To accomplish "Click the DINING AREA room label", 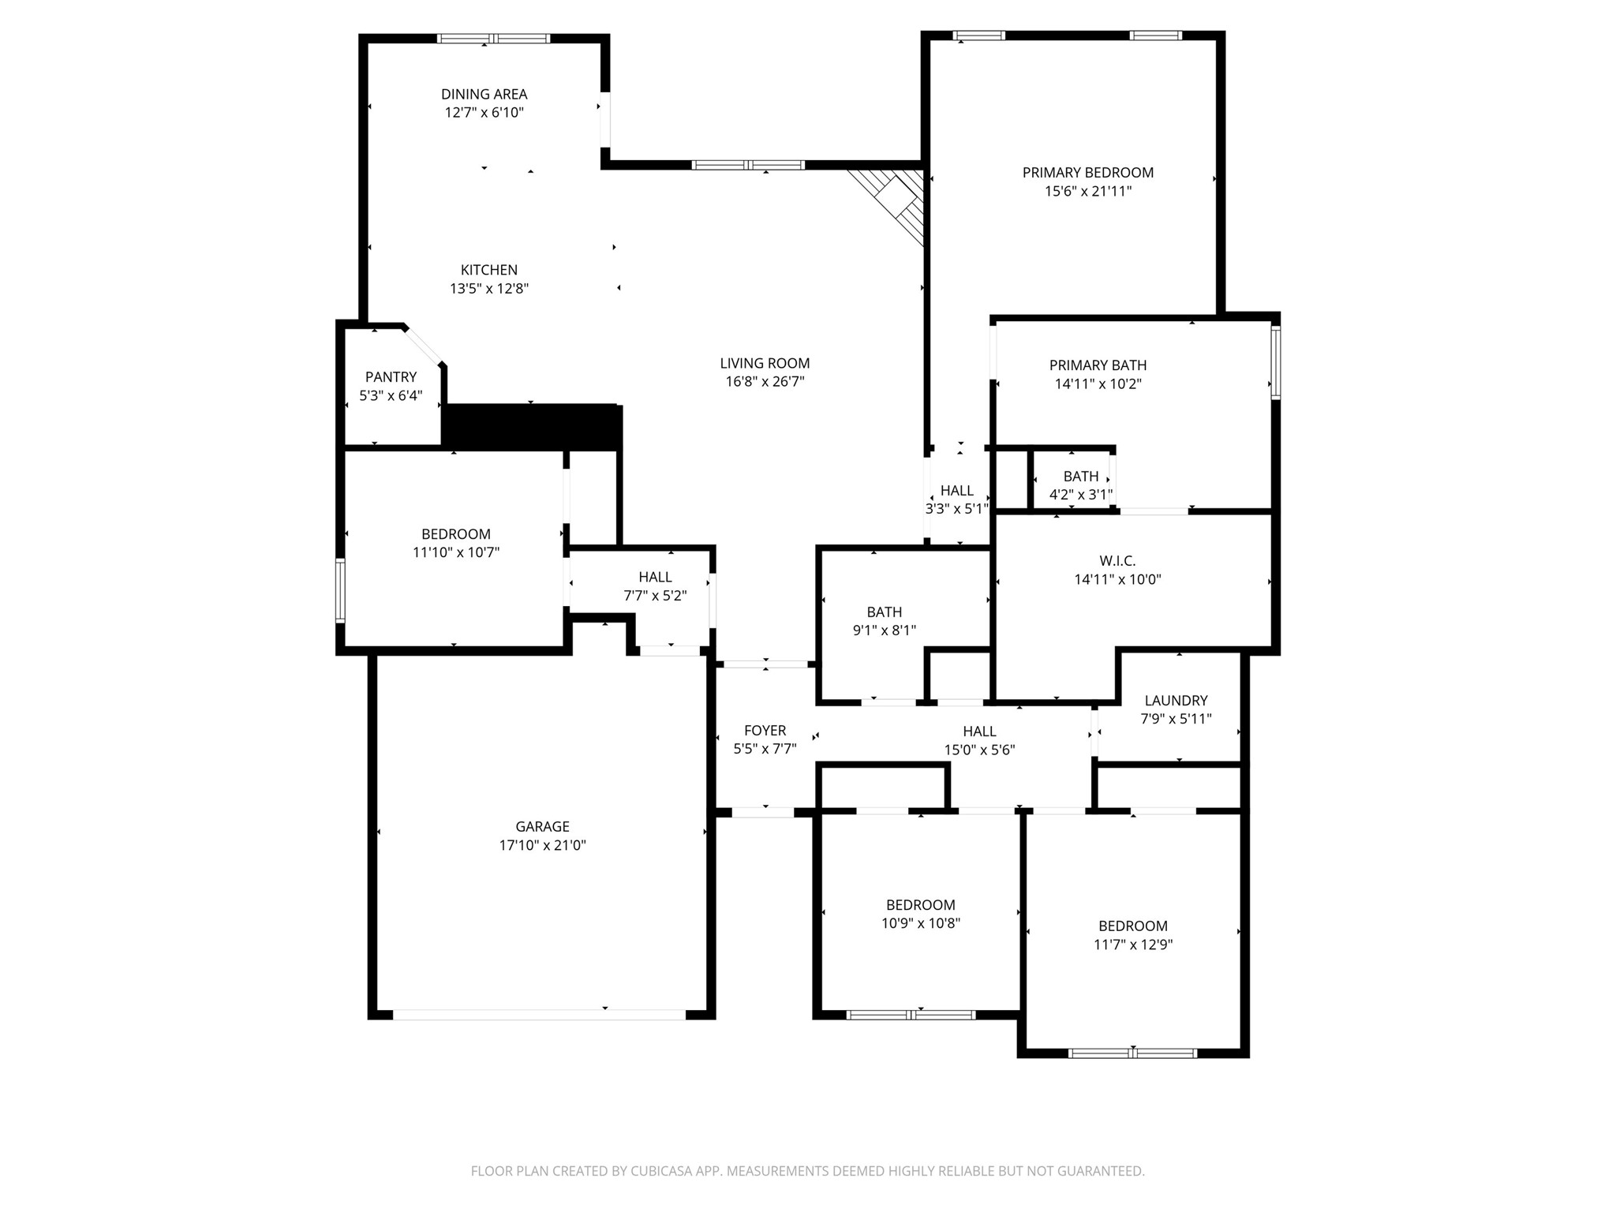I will click(484, 94).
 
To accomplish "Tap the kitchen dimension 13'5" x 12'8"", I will click(489, 289).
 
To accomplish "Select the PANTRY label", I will click(391, 377).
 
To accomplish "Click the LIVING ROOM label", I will click(765, 363).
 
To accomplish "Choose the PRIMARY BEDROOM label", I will click(1087, 172).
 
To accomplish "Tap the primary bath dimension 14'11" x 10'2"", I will click(1098, 384).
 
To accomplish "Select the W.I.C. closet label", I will click(1117, 561).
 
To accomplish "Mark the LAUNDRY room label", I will click(1176, 700).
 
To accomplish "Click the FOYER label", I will click(765, 731).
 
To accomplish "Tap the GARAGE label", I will click(542, 826).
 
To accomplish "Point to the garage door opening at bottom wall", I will click(540, 1015).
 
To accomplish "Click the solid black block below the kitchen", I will click(530, 427).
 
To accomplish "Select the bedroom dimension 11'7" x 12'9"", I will click(1132, 945).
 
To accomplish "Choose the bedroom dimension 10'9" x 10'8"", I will click(920, 923).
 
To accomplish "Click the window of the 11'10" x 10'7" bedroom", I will click(340, 591).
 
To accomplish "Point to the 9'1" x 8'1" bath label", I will click(884, 612).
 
